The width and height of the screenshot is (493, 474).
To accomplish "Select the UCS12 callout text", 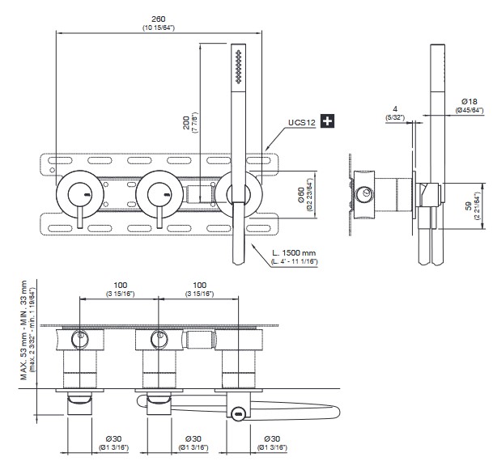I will click(x=300, y=122).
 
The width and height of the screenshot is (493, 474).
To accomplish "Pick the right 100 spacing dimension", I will click(x=198, y=286).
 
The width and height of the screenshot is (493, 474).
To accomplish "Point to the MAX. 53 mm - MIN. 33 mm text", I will click(x=23, y=332).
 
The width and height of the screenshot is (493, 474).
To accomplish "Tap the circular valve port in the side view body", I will click(x=367, y=194).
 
